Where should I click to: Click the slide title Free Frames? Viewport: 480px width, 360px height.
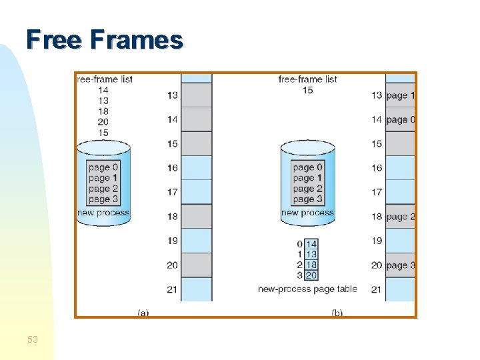pos(105,40)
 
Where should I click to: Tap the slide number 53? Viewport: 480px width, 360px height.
pos(33,340)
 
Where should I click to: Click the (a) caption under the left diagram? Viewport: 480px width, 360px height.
pos(143,312)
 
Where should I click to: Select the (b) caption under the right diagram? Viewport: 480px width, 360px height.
pos(337,312)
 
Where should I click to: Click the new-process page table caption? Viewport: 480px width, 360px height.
pos(307,289)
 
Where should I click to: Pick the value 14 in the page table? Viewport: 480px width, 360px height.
pos(311,244)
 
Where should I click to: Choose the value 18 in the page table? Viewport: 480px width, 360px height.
pos(311,265)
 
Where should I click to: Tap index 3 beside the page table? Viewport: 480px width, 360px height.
pos(299,275)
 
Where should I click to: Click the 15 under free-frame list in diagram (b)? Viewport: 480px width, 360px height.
pos(307,90)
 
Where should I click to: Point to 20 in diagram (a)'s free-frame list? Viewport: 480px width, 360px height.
pos(103,122)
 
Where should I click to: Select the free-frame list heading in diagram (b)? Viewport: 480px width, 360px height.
pos(307,79)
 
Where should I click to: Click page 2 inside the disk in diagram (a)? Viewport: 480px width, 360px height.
pos(103,189)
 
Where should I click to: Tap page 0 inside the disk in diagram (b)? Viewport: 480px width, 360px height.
pos(307,167)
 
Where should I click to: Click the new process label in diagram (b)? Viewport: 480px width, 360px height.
pos(307,213)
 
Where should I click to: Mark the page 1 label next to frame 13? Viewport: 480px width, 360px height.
pos(400,95)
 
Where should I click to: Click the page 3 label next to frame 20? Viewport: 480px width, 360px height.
pos(400,265)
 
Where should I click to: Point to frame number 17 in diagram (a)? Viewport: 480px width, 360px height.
pos(172,192)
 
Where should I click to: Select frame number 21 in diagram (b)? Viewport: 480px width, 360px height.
pos(377,289)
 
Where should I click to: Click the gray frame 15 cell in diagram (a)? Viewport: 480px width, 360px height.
pos(197,143)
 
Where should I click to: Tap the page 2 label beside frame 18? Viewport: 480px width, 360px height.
pos(400,217)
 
